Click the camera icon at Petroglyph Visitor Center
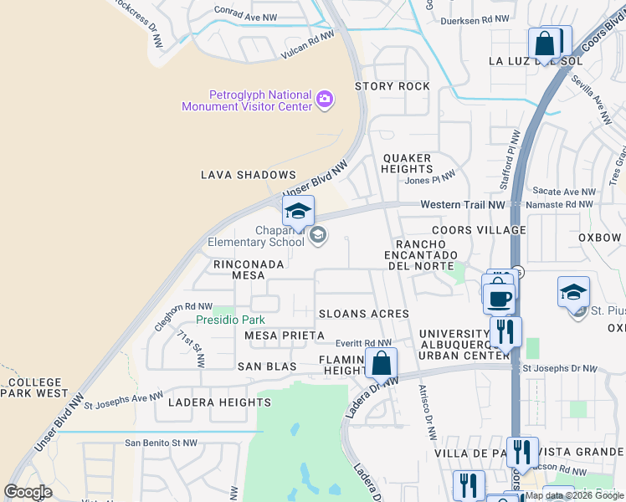point(325,100)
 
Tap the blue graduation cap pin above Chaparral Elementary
point(297,211)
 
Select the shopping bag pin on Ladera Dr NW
point(381,364)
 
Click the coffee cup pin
point(499,296)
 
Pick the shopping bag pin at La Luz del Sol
point(545,44)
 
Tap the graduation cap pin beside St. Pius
point(573,293)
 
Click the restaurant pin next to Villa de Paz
point(522,453)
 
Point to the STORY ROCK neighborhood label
point(393,86)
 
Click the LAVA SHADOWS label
point(249,175)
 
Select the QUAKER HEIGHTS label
point(408,163)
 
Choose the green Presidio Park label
point(230,320)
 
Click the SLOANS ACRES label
point(364,314)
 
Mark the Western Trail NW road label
point(463,204)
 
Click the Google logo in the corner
point(28,492)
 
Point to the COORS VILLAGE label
point(479,230)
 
